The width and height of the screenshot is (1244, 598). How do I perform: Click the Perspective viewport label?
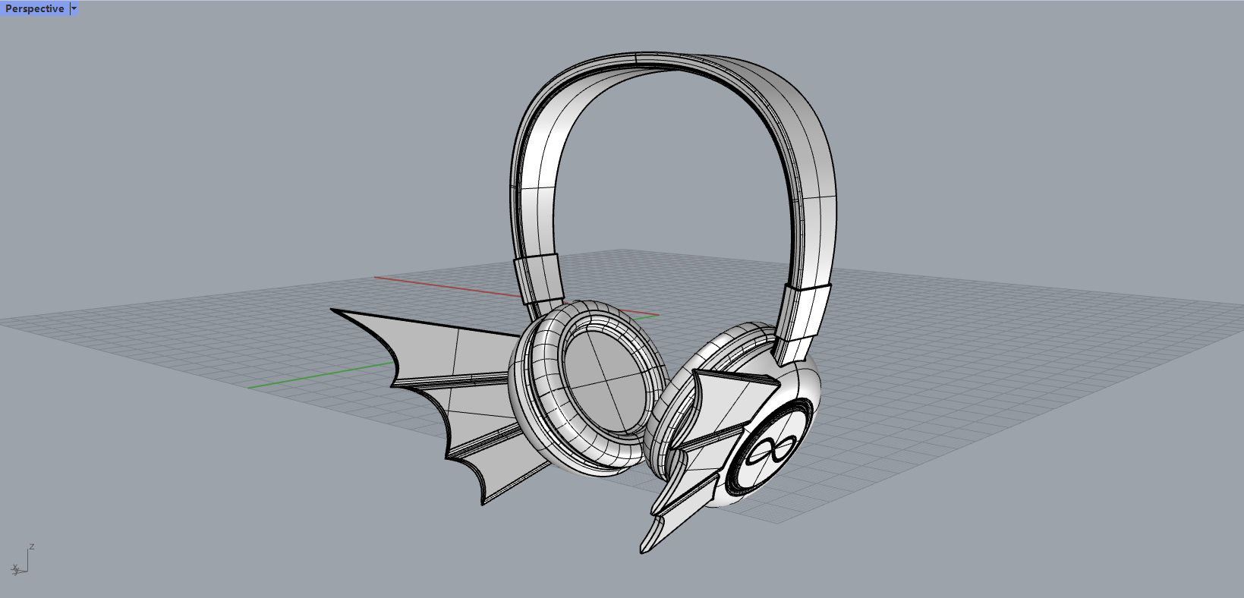(x=34, y=9)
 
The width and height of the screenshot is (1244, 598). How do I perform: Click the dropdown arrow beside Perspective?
(x=74, y=9)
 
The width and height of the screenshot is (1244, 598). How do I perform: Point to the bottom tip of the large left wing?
(x=483, y=502)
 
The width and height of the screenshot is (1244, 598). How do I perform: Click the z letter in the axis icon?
(x=32, y=546)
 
